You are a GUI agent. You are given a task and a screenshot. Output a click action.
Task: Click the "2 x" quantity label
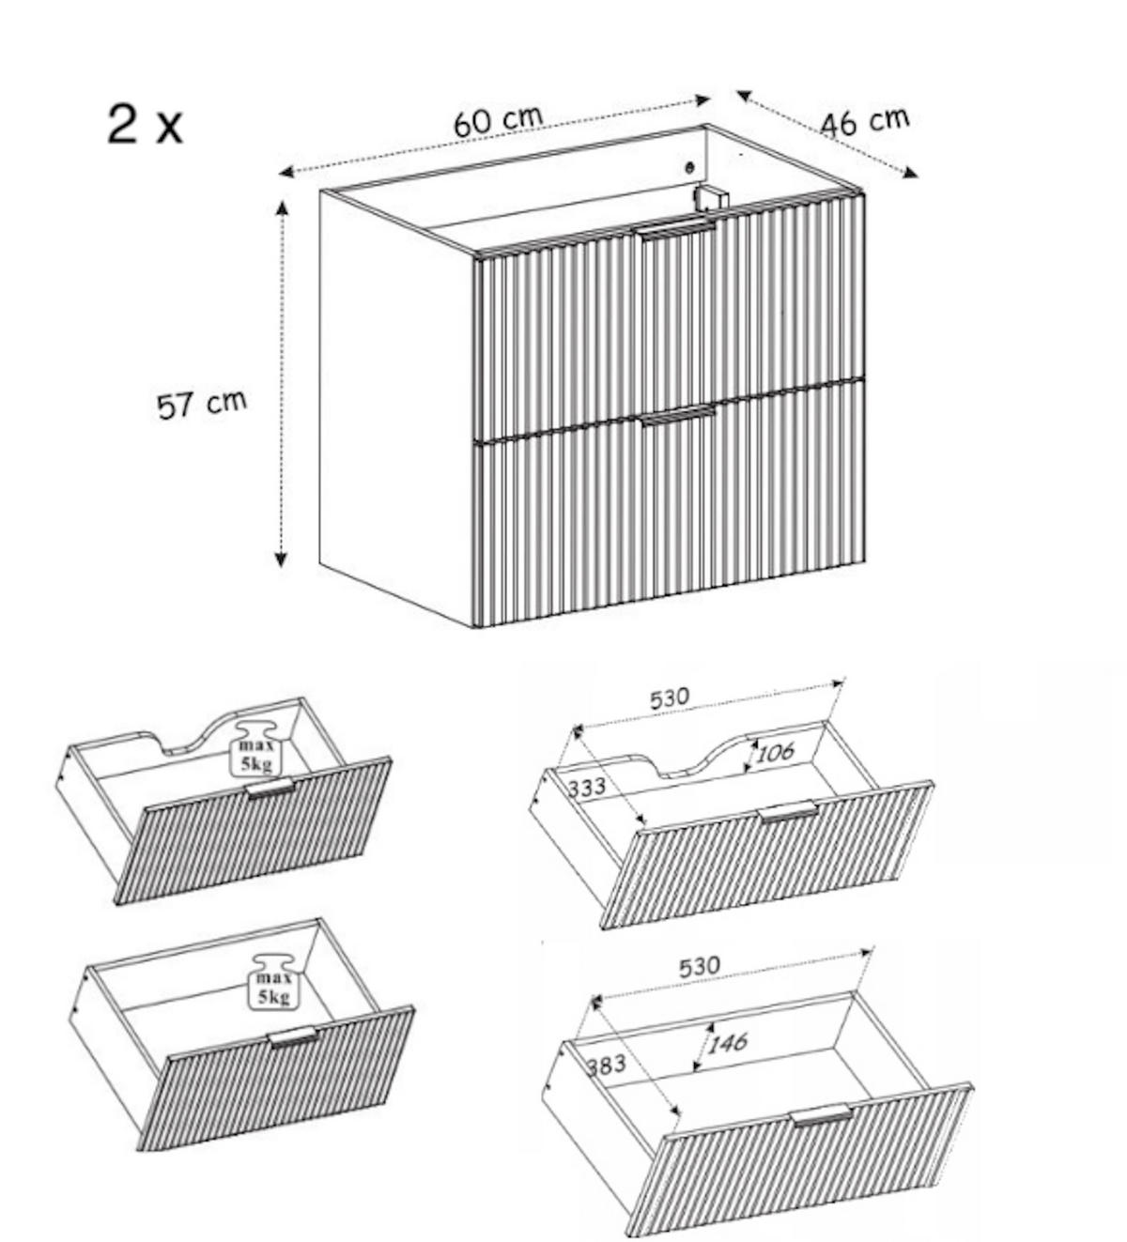145,124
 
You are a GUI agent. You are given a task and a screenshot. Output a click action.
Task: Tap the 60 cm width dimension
498,121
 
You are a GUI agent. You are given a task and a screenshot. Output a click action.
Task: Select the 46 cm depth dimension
864,122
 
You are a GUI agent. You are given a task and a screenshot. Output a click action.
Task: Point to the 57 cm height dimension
201,404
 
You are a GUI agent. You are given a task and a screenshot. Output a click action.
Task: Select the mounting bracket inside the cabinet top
711,197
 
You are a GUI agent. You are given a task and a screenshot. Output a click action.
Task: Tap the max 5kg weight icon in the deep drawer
273,982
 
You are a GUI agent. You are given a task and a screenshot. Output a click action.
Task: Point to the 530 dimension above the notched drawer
670,698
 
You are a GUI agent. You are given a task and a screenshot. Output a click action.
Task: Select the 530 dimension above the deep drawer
699,965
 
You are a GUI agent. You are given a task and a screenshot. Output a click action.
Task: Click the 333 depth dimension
587,787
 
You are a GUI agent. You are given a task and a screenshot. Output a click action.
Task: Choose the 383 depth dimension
606,1066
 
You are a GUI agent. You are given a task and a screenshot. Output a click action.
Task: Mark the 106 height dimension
775,752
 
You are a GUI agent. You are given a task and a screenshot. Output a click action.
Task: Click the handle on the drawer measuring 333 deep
787,812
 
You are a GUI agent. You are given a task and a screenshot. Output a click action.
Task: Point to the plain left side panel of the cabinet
394,404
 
